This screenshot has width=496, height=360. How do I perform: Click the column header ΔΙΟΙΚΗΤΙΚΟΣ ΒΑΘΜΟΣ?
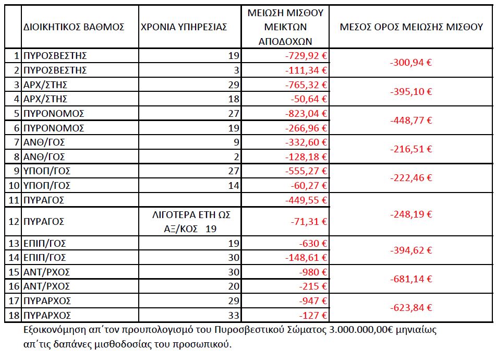(x=74, y=27)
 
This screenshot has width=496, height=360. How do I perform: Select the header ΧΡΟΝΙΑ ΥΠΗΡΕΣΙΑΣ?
(x=184, y=27)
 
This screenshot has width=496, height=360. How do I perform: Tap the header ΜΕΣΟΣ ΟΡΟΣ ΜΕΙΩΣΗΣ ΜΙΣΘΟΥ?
(x=412, y=27)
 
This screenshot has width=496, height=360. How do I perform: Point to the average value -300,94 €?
(x=412, y=63)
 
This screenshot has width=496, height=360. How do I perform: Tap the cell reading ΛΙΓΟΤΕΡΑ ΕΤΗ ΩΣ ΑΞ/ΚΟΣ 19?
(x=190, y=222)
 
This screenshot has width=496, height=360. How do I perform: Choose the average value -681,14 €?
(x=412, y=280)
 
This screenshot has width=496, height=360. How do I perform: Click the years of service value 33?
(x=233, y=315)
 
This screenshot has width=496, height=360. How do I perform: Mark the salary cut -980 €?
(x=312, y=272)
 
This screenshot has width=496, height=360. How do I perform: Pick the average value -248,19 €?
(x=412, y=214)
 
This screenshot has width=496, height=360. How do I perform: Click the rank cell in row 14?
(x=49, y=258)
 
